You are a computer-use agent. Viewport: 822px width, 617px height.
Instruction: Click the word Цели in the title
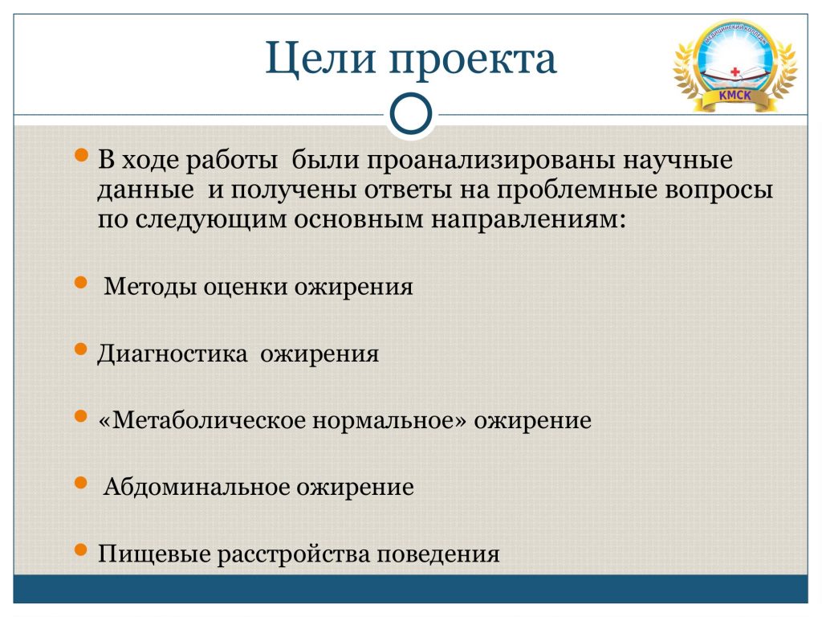point(320,59)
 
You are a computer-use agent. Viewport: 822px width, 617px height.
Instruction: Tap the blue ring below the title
point(411,113)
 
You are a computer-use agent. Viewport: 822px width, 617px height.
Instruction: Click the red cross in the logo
point(735,72)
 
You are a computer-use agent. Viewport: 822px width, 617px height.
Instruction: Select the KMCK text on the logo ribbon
point(735,96)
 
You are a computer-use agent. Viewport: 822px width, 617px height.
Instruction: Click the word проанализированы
point(490,161)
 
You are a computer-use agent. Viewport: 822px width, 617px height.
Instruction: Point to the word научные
point(678,161)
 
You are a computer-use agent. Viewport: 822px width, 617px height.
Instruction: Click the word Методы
point(150,288)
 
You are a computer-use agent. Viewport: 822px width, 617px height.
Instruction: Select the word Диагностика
point(172,354)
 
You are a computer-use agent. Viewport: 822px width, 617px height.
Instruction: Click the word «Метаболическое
point(201,421)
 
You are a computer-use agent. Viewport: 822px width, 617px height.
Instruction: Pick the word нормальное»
point(389,421)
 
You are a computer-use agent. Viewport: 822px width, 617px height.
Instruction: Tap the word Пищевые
point(154,554)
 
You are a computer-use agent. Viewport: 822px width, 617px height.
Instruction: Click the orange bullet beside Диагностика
point(81,349)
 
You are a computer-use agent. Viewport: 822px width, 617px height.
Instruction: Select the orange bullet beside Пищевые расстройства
point(81,550)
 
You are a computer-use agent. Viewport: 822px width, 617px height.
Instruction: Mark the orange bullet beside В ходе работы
point(81,155)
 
